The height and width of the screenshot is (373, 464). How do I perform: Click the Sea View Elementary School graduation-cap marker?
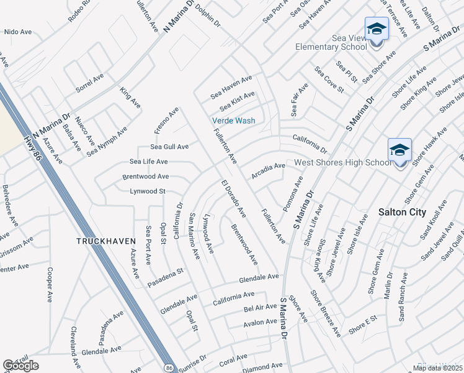376,29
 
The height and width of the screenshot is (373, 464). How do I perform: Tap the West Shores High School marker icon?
399,150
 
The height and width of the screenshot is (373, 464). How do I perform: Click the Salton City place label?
402,212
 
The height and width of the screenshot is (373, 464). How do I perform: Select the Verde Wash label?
233,121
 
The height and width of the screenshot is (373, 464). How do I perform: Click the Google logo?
20,366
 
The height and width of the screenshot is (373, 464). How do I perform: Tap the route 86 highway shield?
169,367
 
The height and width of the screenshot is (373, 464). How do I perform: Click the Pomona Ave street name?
293,192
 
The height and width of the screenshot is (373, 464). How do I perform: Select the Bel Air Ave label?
260,308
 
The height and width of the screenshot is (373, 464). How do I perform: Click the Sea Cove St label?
329,80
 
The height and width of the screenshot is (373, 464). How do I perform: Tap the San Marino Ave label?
194,237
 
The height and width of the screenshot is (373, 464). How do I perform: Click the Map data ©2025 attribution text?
437,368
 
